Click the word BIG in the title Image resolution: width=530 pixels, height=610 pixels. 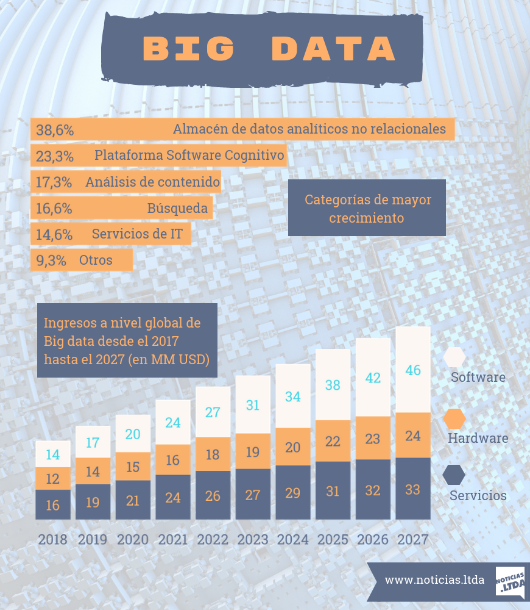(x=189, y=49)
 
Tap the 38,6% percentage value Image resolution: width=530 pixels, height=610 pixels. (x=55, y=129)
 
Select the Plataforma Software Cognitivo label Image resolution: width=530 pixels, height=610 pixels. (x=189, y=155)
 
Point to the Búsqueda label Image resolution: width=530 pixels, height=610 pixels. (x=177, y=208)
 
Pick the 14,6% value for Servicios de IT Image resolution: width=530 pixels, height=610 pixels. (x=54, y=234)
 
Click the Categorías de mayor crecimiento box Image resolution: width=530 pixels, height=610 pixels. (x=367, y=208)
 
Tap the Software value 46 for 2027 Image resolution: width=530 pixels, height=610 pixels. (x=413, y=370)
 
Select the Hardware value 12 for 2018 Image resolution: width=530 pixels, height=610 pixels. (x=52, y=479)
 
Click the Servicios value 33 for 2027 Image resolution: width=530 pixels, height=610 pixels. (x=413, y=489)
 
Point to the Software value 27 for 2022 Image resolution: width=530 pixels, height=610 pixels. (x=213, y=412)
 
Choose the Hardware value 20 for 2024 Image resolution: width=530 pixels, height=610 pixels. (x=293, y=447)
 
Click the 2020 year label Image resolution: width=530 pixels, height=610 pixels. (x=132, y=539)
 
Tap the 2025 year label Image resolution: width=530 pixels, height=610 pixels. (x=333, y=539)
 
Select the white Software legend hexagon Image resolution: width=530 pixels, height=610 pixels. (x=454, y=357)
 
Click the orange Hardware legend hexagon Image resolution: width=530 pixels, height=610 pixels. (x=454, y=418)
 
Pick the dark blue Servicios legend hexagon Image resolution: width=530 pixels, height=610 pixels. (x=454, y=475)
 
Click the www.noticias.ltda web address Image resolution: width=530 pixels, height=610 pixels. (x=434, y=579)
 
